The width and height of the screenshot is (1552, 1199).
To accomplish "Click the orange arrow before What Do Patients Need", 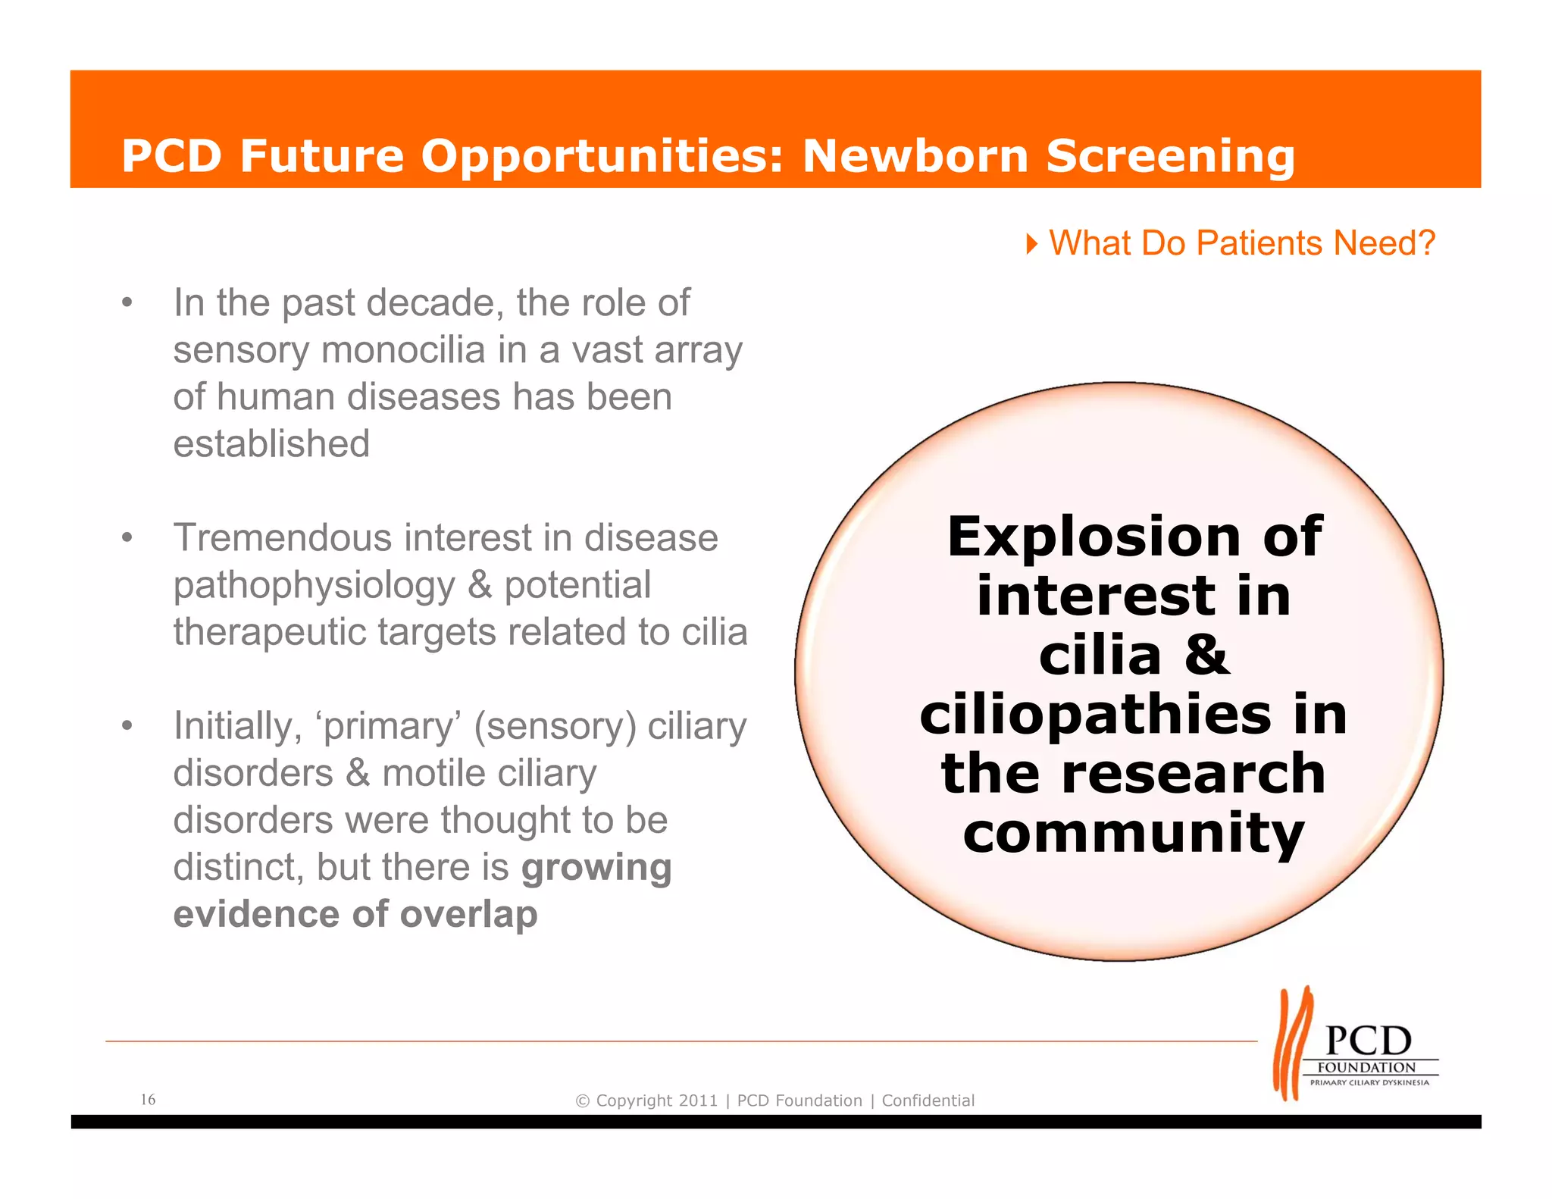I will pos(1031,244).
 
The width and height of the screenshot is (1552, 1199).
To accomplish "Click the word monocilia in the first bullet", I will pos(403,350).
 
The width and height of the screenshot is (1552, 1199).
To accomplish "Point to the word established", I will pos(271,444).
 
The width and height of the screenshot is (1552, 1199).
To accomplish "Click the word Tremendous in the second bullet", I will pos(282,538).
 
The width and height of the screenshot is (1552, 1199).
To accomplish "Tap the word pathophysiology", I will pos(314,586).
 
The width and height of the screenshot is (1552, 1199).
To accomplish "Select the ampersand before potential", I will pos(480,585).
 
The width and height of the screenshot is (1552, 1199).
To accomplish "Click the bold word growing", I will pos(596,868).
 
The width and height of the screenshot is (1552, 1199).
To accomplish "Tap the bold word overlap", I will pos(468,915).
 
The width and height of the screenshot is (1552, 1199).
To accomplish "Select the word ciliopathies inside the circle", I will pos(1096,715).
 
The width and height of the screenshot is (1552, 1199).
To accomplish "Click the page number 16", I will pos(149,1099).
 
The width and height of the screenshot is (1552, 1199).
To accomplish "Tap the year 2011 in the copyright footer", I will pos(698,1100).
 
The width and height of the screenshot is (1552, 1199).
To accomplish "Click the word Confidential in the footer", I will pos(928,1100).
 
